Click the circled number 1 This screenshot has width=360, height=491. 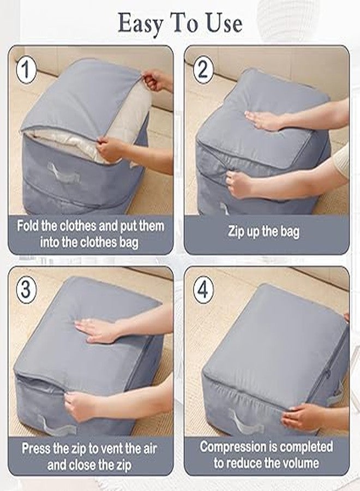[26, 69]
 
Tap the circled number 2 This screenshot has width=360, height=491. [203, 69]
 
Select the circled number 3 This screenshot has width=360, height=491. [26, 289]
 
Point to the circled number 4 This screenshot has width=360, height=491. [203, 289]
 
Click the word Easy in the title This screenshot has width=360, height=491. [141, 24]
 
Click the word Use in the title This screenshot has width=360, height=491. [224, 23]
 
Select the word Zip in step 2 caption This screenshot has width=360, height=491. [236, 231]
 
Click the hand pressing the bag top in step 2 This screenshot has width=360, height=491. [265, 120]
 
